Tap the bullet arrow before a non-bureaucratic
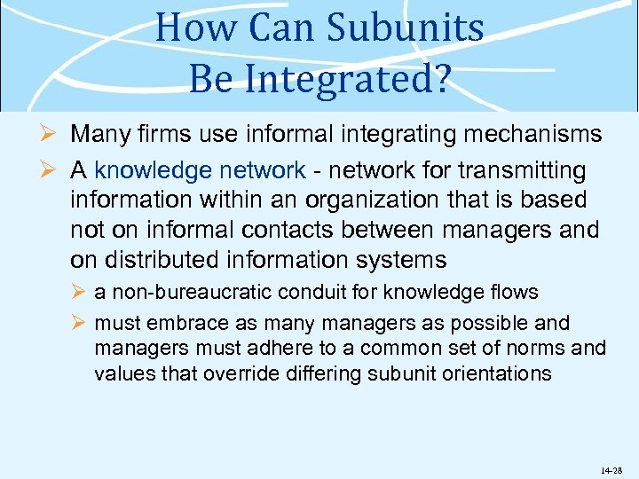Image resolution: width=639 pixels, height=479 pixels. tap(77, 293)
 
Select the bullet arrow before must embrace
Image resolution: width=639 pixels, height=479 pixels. tap(77, 324)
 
